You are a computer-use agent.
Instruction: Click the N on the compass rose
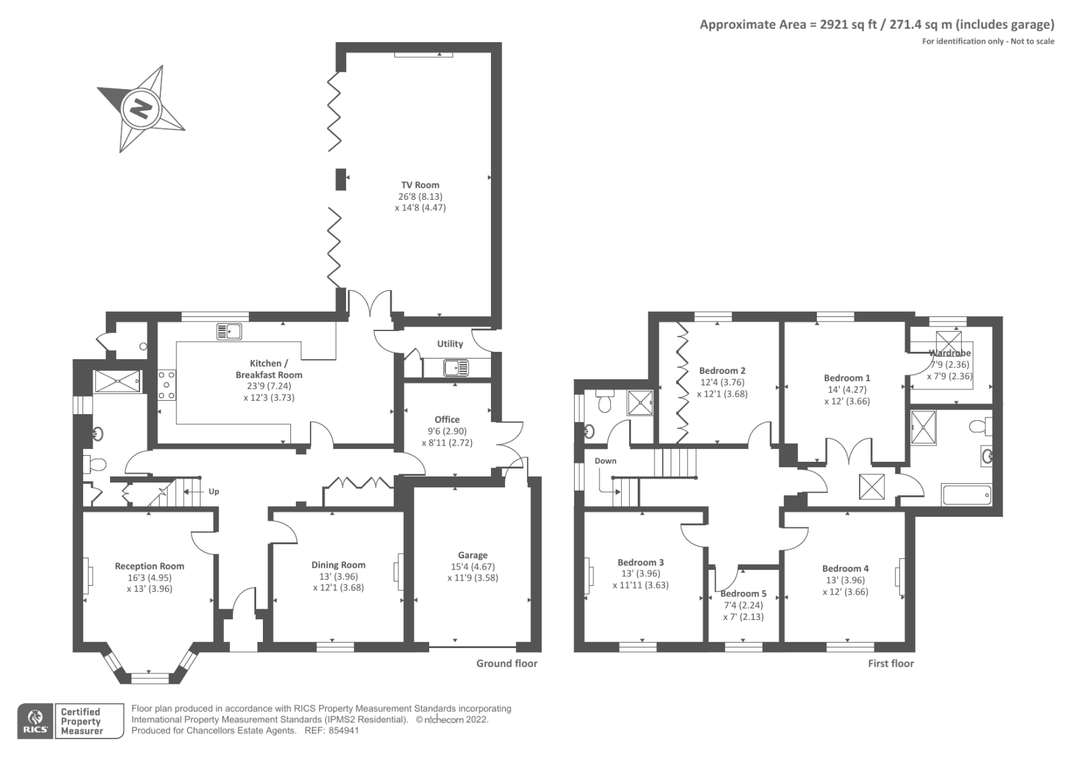141,109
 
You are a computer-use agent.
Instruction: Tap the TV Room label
420,185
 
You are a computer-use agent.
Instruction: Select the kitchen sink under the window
229,331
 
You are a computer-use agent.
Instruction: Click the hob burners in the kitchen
166,385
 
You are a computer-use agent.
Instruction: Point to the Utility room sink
456,367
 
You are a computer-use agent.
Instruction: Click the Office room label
447,420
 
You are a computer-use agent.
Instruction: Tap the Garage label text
472,555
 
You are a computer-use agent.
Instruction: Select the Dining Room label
338,565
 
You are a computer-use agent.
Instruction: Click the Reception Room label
149,566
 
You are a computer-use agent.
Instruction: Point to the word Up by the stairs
213,491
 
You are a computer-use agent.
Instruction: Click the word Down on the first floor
605,461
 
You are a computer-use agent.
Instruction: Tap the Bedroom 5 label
743,594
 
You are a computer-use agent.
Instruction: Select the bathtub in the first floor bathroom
966,496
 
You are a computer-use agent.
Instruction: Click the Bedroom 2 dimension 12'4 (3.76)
722,383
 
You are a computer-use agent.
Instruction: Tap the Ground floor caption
506,664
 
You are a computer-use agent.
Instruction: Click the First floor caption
891,664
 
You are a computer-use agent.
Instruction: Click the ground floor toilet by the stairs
95,464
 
